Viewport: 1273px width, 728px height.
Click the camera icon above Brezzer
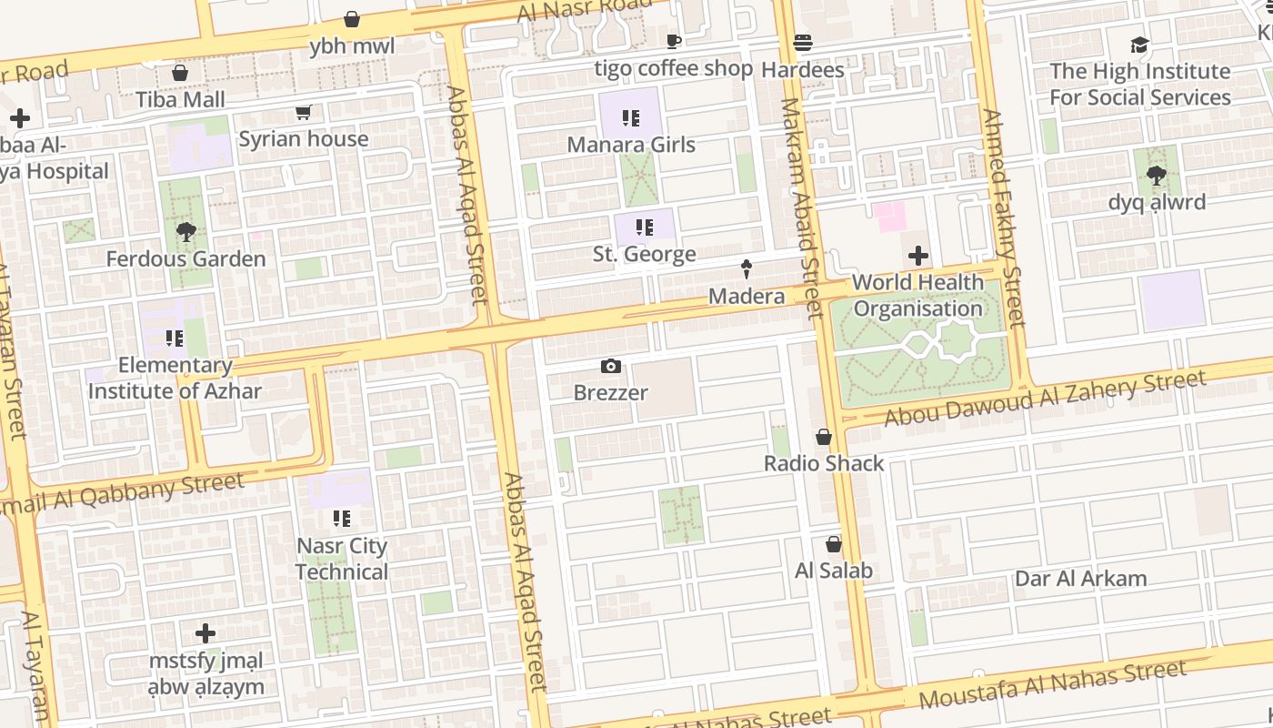pyautogui.click(x=611, y=367)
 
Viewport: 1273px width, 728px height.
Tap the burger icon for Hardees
pyautogui.click(x=802, y=43)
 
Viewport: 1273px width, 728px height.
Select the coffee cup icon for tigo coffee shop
pyautogui.click(x=673, y=41)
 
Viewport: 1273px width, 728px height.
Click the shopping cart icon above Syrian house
pyautogui.click(x=303, y=113)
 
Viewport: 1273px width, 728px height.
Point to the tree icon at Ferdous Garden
pyautogui.click(x=186, y=232)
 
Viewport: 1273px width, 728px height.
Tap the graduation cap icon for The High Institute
pyautogui.click(x=1139, y=45)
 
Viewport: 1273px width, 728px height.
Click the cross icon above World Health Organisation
pyautogui.click(x=918, y=256)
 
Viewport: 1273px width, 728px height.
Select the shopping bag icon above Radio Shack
pyautogui.click(x=824, y=438)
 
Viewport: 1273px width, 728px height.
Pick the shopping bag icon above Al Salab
pyautogui.click(x=833, y=545)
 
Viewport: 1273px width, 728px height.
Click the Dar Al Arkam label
pyautogui.click(x=1080, y=579)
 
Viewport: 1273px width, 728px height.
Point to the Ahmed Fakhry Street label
pyautogui.click(x=1003, y=218)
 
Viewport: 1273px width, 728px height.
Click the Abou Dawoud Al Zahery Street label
pyautogui.click(x=1046, y=399)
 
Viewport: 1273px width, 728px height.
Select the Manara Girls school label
pyautogui.click(x=631, y=145)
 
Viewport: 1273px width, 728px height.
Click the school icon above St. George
pyautogui.click(x=645, y=227)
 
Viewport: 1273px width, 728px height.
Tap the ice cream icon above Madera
pyautogui.click(x=747, y=269)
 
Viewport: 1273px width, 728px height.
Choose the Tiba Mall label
pyautogui.click(x=180, y=99)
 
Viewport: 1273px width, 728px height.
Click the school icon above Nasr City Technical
pyautogui.click(x=342, y=519)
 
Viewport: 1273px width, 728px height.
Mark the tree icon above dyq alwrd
pyautogui.click(x=1157, y=176)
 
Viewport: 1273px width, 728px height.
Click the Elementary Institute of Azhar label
pyautogui.click(x=175, y=379)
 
